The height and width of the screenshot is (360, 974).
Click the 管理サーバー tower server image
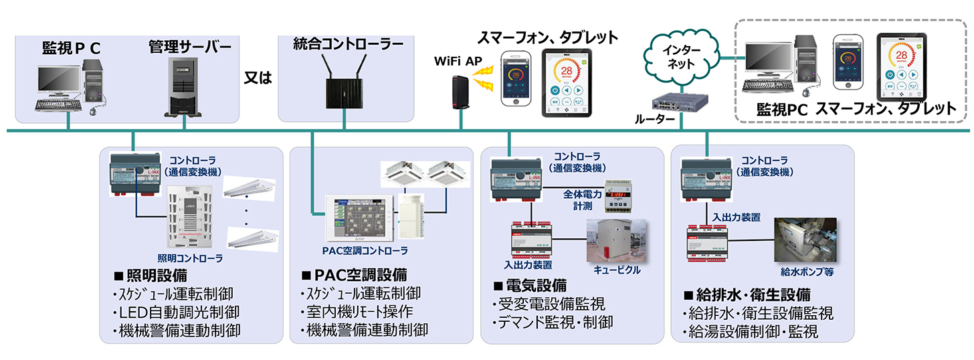tap(185, 86)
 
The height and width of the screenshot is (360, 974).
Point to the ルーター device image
tap(680, 102)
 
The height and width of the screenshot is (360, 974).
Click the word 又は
tap(258, 78)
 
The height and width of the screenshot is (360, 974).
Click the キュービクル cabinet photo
tap(616, 240)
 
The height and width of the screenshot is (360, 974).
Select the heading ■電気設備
tap(529, 285)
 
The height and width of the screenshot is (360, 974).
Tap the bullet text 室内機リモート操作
tap(356, 312)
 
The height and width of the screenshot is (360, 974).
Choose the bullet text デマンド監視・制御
tap(555, 323)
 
